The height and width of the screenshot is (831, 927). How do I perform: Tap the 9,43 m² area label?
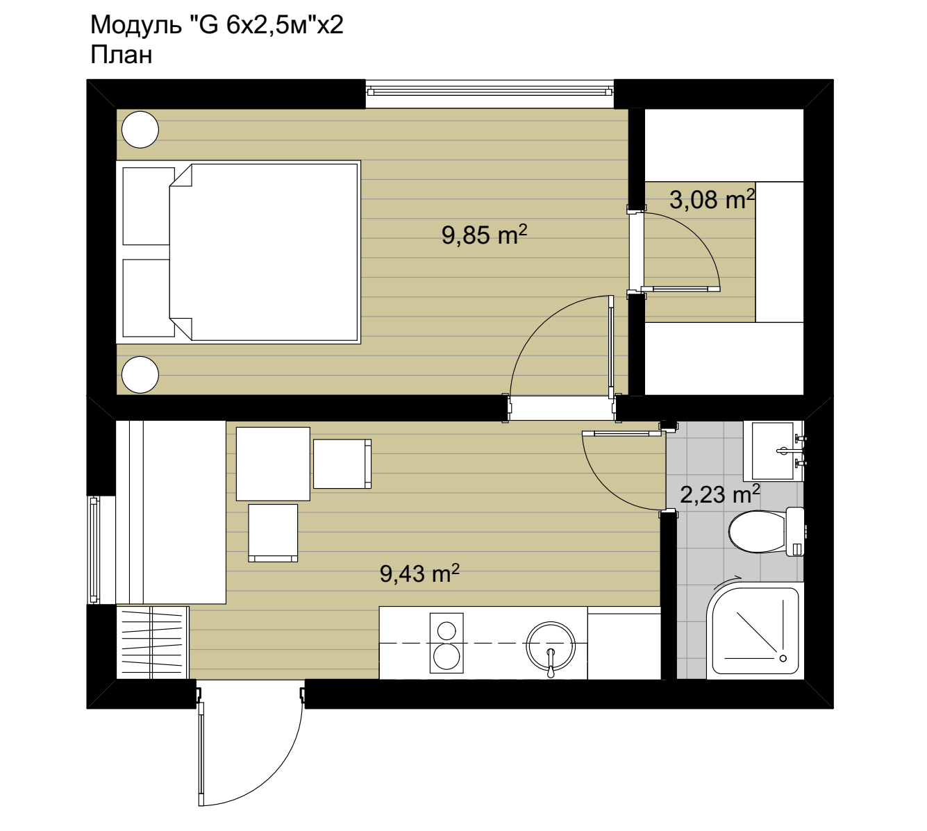point(419,573)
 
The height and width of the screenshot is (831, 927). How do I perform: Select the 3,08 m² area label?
point(712,199)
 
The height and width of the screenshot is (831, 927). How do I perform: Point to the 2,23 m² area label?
point(720,494)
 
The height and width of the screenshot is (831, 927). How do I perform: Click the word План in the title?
point(122,55)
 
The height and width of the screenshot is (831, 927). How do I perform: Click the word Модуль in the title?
point(136,25)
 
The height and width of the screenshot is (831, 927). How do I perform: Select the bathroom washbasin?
point(773,451)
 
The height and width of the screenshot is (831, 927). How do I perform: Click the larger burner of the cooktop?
point(446,656)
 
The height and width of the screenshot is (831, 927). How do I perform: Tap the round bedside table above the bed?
point(140,130)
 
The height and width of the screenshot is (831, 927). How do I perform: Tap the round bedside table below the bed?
point(140,374)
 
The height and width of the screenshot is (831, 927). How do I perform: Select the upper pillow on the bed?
point(148,206)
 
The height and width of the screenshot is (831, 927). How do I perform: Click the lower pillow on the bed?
point(148,298)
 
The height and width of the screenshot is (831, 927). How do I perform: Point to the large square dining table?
point(273,464)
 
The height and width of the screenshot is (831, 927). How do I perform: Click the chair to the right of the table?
point(342,464)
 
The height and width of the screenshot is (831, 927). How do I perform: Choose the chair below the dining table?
point(273,532)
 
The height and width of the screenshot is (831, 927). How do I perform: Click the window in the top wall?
point(490,93)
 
